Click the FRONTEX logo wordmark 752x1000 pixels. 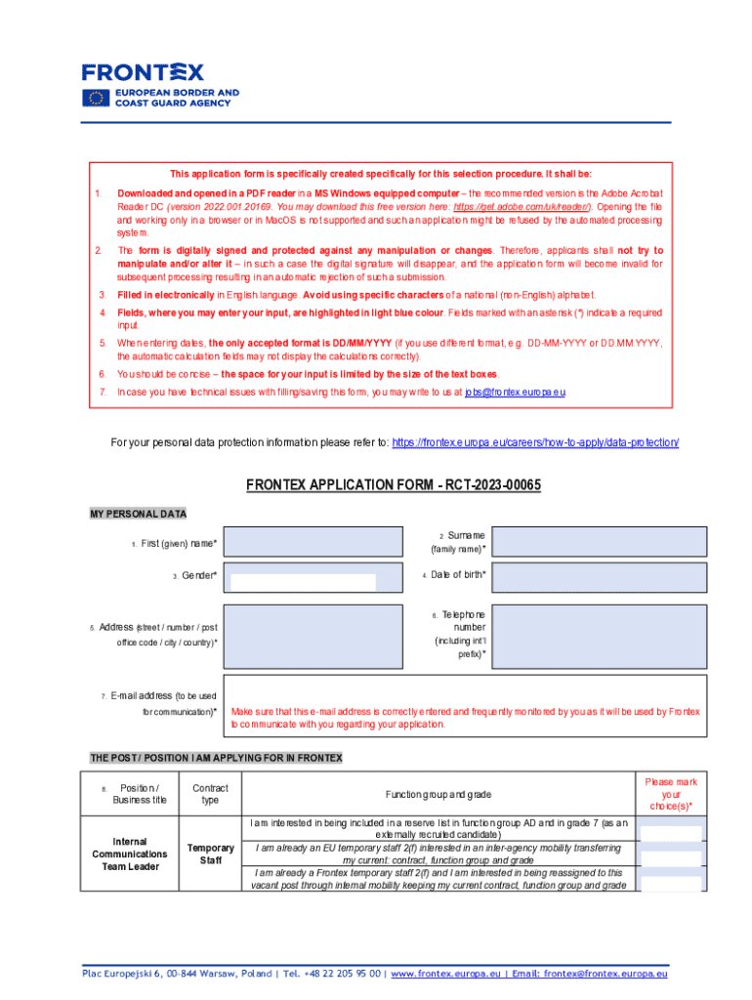[x=143, y=72]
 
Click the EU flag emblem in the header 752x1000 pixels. [x=96, y=98]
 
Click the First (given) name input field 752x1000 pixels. [x=313, y=541]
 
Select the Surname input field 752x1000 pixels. [x=601, y=541]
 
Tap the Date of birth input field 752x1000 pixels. [x=601, y=577]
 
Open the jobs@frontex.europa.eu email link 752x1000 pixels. [x=515, y=392]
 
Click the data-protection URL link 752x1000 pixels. [x=535, y=442]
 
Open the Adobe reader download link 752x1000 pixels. [x=508, y=208]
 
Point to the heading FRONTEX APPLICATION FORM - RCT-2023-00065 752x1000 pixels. [x=393, y=485]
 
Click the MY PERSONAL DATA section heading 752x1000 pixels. [x=138, y=514]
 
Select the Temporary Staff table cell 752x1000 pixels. [x=210, y=854]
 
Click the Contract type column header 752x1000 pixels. [x=210, y=794]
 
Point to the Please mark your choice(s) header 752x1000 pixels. [x=671, y=794]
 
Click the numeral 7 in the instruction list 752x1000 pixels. [x=103, y=392]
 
